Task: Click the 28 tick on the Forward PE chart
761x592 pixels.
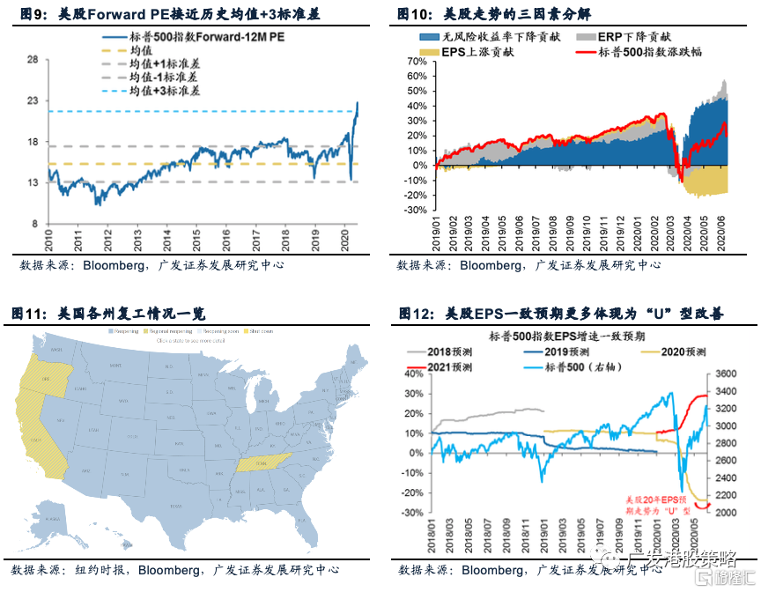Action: pyautogui.click(x=33, y=60)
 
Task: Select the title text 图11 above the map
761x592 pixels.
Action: pyautogui.click(x=26, y=313)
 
